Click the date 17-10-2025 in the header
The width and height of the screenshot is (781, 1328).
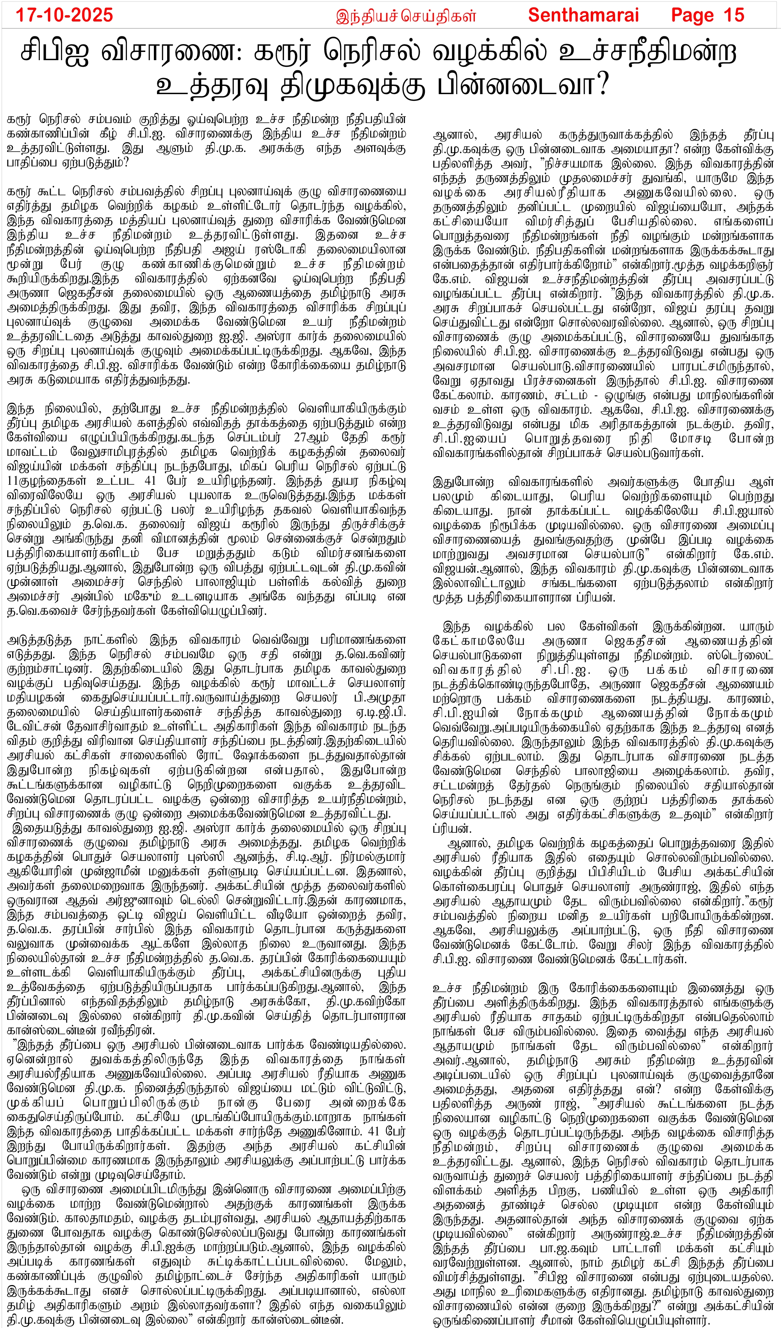[64, 15]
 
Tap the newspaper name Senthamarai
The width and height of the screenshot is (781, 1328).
[583, 15]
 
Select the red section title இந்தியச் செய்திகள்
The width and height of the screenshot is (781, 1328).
[406, 16]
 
